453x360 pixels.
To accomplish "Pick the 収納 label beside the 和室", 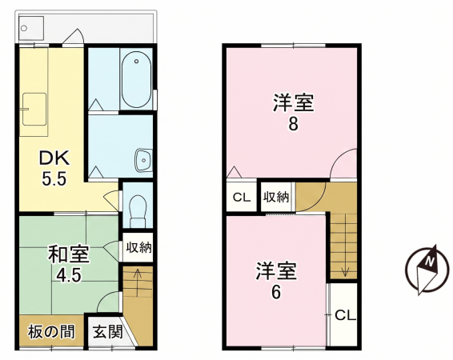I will click(138, 247).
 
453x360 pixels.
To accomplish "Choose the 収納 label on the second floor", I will click(276, 197).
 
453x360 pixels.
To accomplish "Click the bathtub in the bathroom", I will click(137, 79).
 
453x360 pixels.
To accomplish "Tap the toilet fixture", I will click(138, 209).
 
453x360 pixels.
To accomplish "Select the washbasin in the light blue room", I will click(143, 159).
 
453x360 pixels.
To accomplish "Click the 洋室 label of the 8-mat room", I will click(292, 103).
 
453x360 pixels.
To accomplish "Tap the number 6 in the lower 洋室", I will click(276, 292).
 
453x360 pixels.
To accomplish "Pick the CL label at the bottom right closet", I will click(344, 315).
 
